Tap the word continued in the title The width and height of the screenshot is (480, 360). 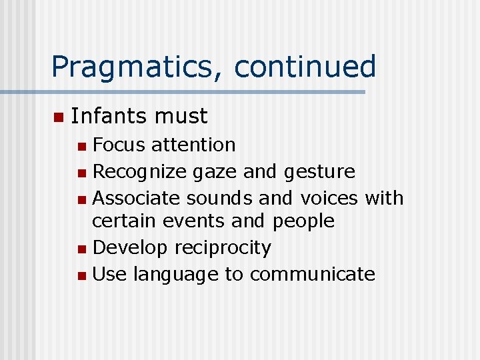(305, 67)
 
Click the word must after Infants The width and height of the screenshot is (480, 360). (181, 117)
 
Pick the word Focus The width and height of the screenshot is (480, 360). (119, 145)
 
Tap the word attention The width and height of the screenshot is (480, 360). (193, 145)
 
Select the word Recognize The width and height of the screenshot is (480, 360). (140, 172)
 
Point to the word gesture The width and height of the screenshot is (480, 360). (319, 172)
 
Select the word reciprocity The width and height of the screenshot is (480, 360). (223, 248)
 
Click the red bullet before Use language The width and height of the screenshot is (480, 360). (81, 275)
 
